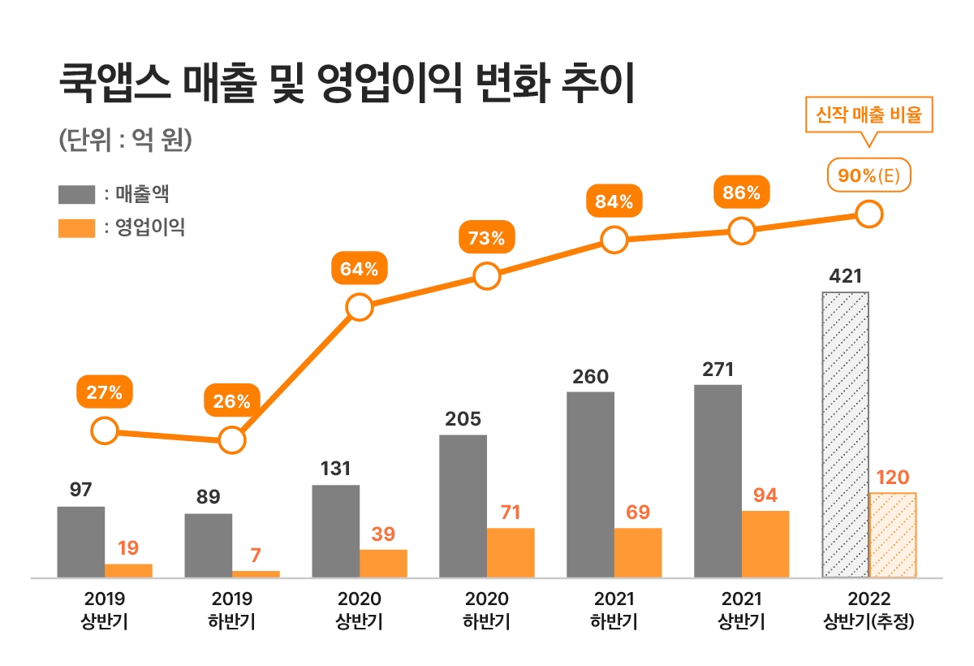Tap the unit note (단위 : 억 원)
point(125,139)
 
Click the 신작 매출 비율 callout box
point(868,115)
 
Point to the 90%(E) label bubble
point(869,175)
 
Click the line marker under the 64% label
point(359,307)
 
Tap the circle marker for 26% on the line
point(231,441)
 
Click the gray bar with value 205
point(463,506)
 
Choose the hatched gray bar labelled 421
point(845,435)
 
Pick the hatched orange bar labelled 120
point(893,534)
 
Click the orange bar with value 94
point(765,544)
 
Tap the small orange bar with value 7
point(256,574)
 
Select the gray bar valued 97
point(81,542)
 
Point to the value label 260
point(590,377)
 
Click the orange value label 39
point(383,534)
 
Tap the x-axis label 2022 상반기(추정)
point(869,611)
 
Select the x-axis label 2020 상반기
point(359,611)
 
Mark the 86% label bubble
point(741,193)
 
